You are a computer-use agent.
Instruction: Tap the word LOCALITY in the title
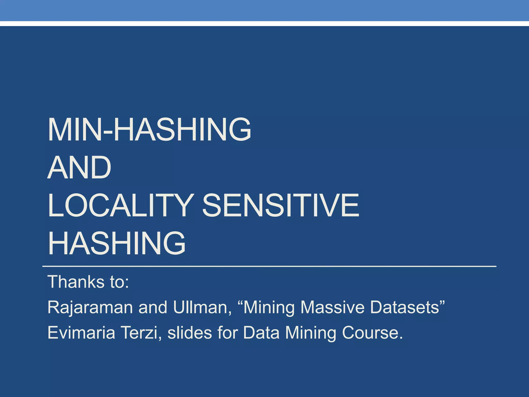pyautogui.click(x=120, y=205)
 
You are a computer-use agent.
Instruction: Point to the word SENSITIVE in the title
pyautogui.click(x=281, y=205)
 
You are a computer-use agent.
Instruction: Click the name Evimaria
pyautogui.click(x=81, y=333)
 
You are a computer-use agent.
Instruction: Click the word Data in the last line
pyautogui.click(x=261, y=333)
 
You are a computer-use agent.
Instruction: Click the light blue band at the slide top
pyautogui.click(x=264, y=10)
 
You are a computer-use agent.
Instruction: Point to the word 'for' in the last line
pyautogui.click(x=228, y=333)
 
